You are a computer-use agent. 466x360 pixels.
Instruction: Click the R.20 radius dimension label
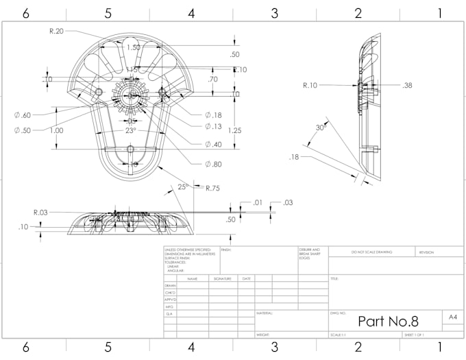tap(56, 31)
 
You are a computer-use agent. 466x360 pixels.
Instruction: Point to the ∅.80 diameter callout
tap(212, 164)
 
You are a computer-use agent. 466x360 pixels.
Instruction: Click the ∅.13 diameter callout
tap(212, 126)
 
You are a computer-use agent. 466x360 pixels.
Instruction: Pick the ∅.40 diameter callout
tap(212, 144)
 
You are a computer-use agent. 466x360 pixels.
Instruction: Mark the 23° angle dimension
tap(130, 130)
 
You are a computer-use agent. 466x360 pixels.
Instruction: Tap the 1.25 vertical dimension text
tap(235, 130)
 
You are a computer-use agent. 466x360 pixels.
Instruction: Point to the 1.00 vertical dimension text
tap(56, 130)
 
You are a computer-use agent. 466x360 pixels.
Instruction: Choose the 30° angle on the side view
tap(319, 128)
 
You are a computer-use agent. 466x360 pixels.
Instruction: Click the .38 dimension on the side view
tap(408, 85)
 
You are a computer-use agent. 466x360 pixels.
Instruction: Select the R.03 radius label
tap(41, 213)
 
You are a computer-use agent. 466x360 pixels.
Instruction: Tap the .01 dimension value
tap(258, 202)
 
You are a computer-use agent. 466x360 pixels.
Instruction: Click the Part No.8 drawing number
tap(387, 321)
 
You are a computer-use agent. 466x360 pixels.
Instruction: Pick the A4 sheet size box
tap(453, 317)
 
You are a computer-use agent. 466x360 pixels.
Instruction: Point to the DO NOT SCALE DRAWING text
tap(372, 252)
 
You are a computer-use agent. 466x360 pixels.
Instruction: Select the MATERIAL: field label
tap(265, 313)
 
